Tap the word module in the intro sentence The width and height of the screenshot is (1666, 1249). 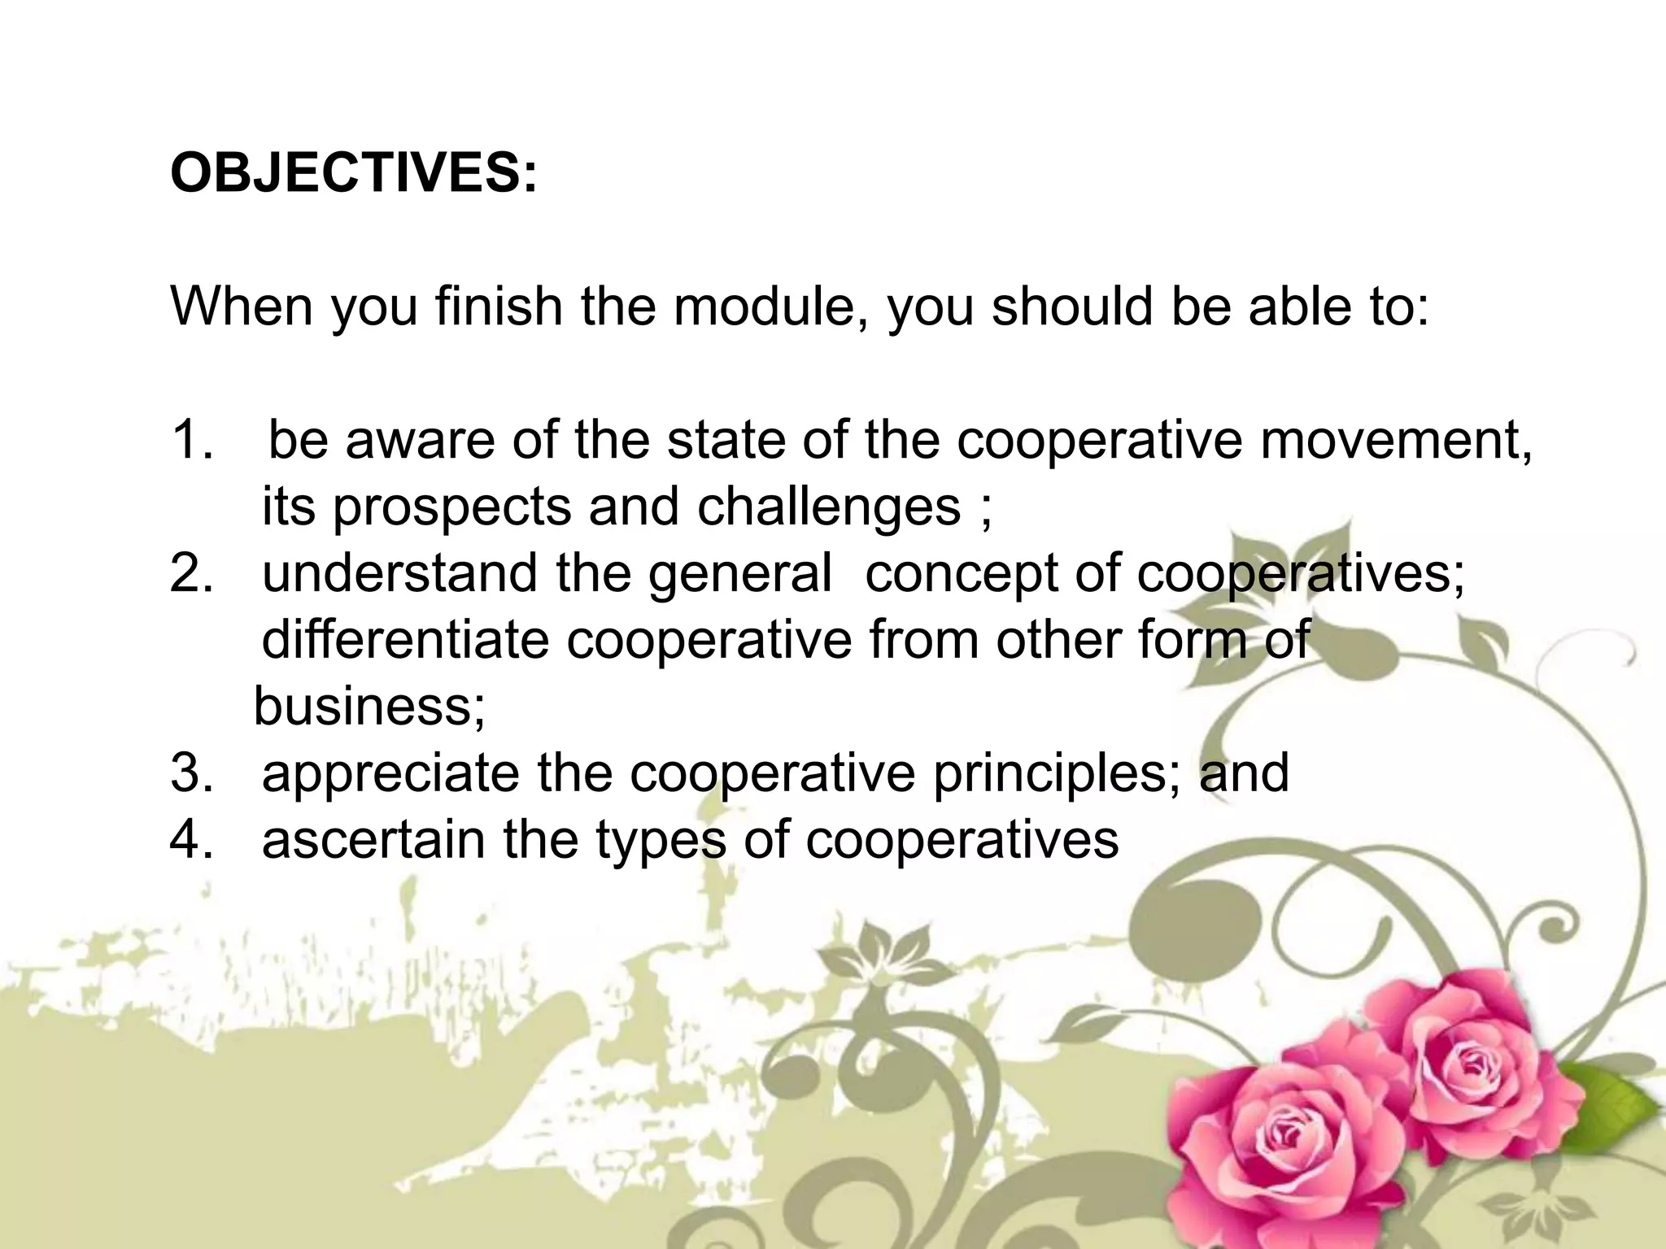769,307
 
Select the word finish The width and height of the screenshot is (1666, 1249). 499,307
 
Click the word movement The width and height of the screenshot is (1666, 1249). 1396,440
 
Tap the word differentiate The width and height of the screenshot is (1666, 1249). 405,640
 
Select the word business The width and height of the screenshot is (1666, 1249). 369,706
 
